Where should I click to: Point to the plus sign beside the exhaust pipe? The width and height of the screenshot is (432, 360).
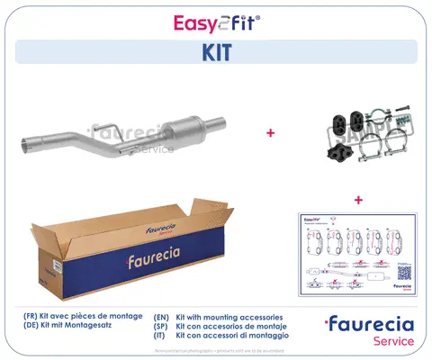271,132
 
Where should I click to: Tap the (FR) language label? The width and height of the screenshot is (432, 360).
31,318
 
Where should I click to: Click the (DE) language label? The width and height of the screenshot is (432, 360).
31,328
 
